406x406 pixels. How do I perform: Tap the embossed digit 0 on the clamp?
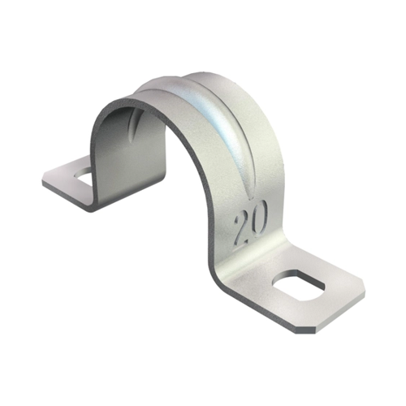258,217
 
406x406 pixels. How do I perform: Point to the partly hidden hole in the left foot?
83,175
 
